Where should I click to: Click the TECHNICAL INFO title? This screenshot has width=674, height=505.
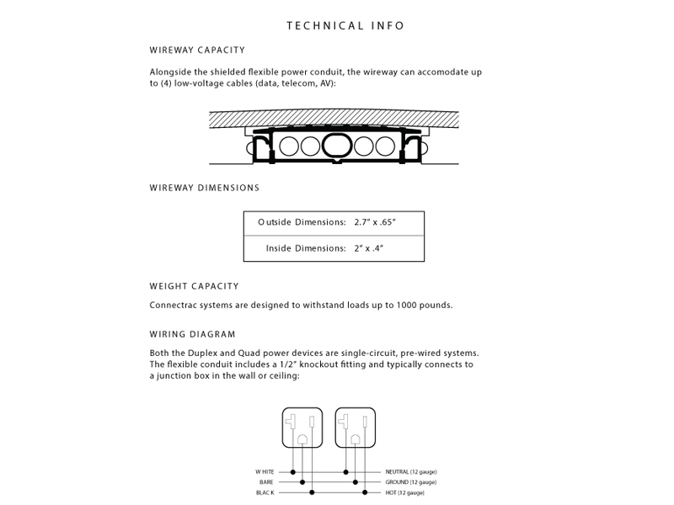[345, 25]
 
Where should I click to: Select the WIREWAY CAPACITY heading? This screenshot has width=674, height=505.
[198, 50]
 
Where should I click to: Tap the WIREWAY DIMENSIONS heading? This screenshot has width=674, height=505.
[205, 188]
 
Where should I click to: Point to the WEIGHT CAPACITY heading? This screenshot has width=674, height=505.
[195, 286]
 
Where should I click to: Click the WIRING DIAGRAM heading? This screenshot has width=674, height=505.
[193, 334]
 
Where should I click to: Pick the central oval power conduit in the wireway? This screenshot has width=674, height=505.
[337, 146]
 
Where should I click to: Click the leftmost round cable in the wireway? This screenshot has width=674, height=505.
[291, 146]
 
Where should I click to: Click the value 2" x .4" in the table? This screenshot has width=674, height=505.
[369, 248]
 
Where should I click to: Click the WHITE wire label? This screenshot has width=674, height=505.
[265, 471]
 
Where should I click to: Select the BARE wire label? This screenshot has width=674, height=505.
[266, 481]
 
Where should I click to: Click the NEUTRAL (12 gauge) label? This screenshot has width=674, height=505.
[410, 471]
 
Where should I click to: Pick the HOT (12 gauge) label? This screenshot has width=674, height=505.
[405, 492]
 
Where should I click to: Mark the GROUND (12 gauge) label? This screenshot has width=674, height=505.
[410, 481]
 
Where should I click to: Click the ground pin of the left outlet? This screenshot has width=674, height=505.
[302, 439]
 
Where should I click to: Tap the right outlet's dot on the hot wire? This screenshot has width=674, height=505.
[364, 492]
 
